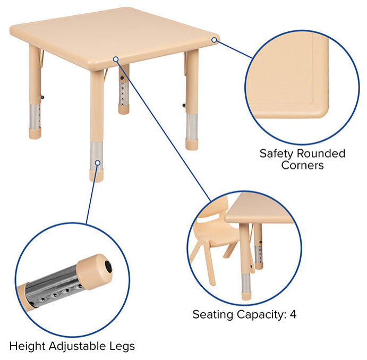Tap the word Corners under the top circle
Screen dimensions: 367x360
(x=302, y=165)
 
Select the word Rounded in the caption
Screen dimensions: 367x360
(x=321, y=153)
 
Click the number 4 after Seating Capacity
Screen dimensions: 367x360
(x=293, y=314)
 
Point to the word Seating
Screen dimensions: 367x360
(x=212, y=315)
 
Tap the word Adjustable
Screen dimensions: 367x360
(x=77, y=347)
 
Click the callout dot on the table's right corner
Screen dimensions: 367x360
(x=214, y=40)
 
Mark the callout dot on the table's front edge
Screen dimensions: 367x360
(x=116, y=59)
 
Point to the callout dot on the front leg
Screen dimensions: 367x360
(x=98, y=162)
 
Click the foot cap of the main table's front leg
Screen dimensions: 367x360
(x=96, y=176)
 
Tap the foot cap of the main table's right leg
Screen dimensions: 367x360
(x=192, y=144)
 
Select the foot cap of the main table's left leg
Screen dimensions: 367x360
(x=35, y=133)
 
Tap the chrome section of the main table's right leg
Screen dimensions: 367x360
(x=192, y=126)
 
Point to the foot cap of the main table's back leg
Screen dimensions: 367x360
(x=124, y=109)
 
